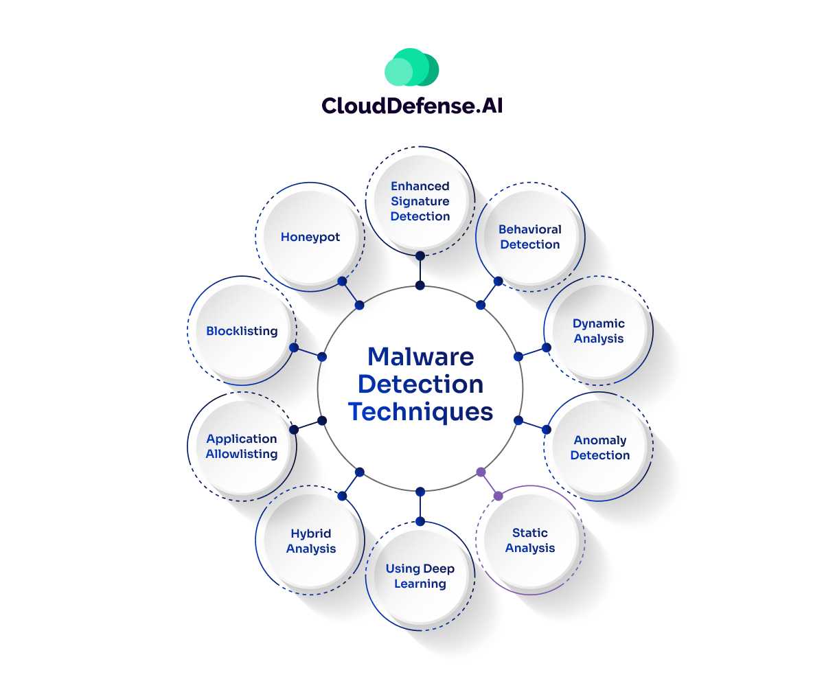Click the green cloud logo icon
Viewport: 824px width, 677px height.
click(x=411, y=67)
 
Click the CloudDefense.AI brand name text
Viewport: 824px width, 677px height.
click(x=411, y=105)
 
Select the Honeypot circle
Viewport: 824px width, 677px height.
click(x=310, y=238)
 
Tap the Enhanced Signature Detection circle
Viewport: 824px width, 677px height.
click(x=420, y=201)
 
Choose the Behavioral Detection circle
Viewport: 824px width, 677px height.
click(x=530, y=237)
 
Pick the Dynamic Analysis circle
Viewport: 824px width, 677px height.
click(x=599, y=331)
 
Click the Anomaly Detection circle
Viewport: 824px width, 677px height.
click(x=599, y=448)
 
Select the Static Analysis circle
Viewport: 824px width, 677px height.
click(x=530, y=540)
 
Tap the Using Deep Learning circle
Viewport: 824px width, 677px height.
click(x=420, y=576)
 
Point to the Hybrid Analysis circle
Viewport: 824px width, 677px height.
click(x=311, y=541)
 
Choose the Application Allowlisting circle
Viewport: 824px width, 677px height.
click(x=242, y=446)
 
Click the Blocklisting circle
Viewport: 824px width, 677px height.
click(x=242, y=331)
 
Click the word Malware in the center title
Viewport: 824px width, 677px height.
click(x=420, y=357)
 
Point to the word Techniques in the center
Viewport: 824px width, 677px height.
click(x=420, y=412)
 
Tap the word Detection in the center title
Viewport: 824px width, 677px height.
click(x=420, y=385)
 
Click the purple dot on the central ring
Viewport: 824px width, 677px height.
click(x=481, y=472)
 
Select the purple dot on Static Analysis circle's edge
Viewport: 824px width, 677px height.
click(x=499, y=496)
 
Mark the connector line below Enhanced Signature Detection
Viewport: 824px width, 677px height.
click(x=420, y=271)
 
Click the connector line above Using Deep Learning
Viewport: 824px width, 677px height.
click(x=420, y=506)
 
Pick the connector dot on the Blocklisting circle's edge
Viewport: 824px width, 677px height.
click(x=294, y=348)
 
